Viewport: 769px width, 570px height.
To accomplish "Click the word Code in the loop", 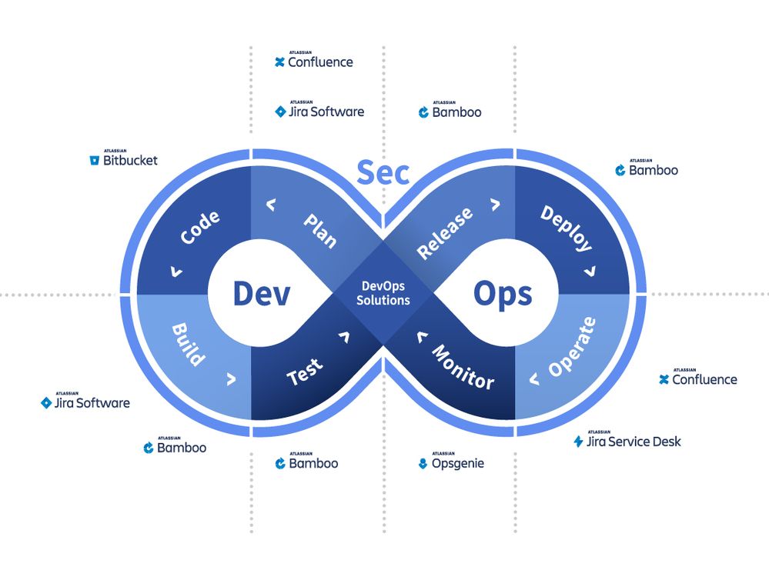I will point(199,228).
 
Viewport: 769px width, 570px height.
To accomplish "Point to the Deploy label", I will point(567,228).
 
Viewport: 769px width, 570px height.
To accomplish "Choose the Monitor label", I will point(463,367).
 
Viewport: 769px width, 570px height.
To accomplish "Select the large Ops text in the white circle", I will point(502,293).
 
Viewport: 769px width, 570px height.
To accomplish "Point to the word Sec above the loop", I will point(383,173).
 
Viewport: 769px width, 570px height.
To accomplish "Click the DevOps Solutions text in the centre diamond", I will point(383,293).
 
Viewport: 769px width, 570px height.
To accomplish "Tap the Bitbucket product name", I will point(130,161).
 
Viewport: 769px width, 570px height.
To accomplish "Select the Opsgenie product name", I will point(457,464).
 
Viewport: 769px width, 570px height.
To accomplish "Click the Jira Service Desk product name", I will point(634,442).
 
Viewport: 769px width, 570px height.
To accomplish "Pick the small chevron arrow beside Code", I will point(177,271).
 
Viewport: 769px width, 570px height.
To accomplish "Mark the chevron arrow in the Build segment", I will point(230,378).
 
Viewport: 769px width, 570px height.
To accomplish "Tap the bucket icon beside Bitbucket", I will point(95,161).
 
